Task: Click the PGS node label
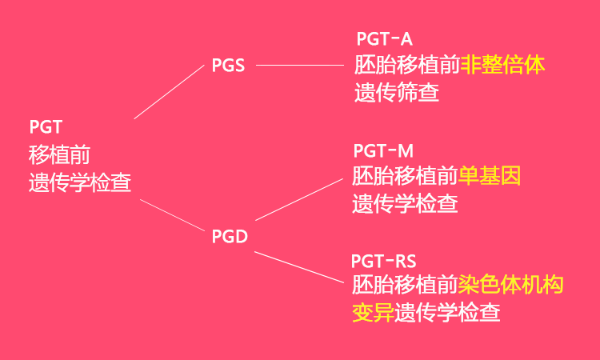[228, 66]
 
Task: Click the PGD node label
[230, 236]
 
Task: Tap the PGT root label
[46, 127]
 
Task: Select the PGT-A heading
[384, 38]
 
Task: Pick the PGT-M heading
[382, 150]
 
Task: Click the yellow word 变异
[373, 312]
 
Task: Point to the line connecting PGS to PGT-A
[298, 66]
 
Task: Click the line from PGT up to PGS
[170, 92]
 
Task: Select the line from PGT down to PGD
[173, 214]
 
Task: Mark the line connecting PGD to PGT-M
[298, 198]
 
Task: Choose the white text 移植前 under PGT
[59, 154]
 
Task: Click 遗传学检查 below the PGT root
[80, 183]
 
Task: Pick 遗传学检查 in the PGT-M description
[405, 203]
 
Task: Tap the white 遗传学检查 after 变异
[447, 312]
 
